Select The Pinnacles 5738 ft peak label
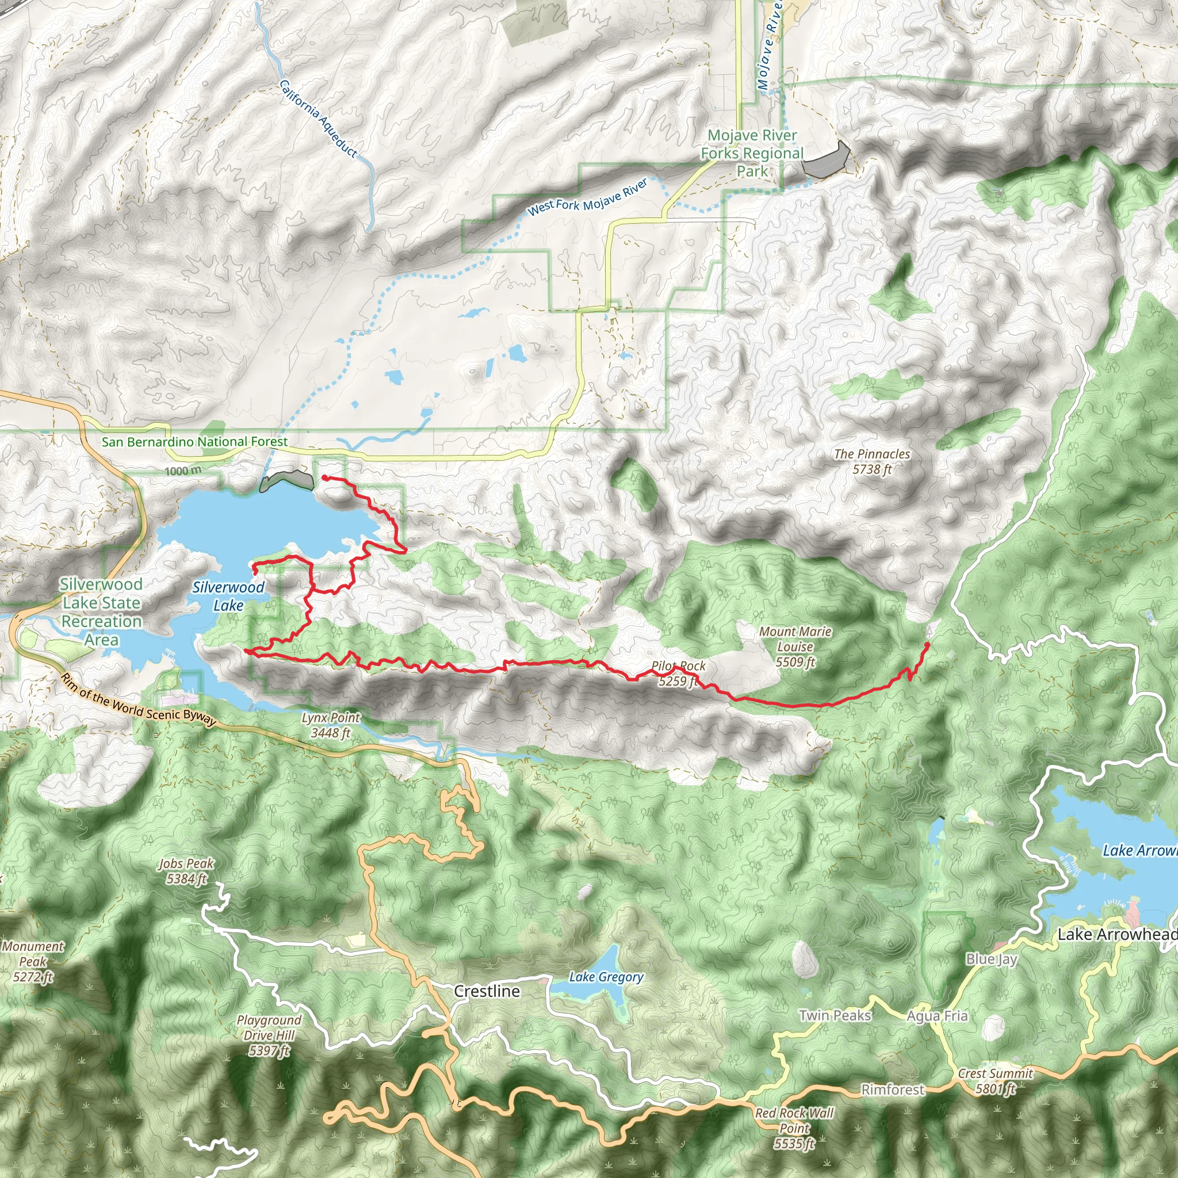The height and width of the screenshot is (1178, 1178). [872, 461]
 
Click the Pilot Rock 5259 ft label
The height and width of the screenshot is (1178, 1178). [678, 674]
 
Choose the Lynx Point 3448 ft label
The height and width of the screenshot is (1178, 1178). [331, 725]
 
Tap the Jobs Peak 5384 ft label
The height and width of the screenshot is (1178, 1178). [186, 871]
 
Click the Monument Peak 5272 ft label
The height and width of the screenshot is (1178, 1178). [33, 962]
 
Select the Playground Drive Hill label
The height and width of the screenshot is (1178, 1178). [269, 1035]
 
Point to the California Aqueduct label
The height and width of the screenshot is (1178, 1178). [318, 118]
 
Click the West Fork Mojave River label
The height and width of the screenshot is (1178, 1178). [587, 197]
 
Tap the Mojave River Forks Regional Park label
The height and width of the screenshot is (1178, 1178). [752, 153]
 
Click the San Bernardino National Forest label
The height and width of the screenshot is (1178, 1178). [194, 441]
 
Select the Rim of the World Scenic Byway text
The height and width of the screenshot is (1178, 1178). [139, 701]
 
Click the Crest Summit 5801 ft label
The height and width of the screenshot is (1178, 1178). [995, 1080]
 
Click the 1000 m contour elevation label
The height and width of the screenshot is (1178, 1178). [182, 471]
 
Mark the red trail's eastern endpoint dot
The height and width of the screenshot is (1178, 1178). [927, 644]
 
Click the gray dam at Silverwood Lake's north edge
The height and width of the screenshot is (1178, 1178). [286, 481]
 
